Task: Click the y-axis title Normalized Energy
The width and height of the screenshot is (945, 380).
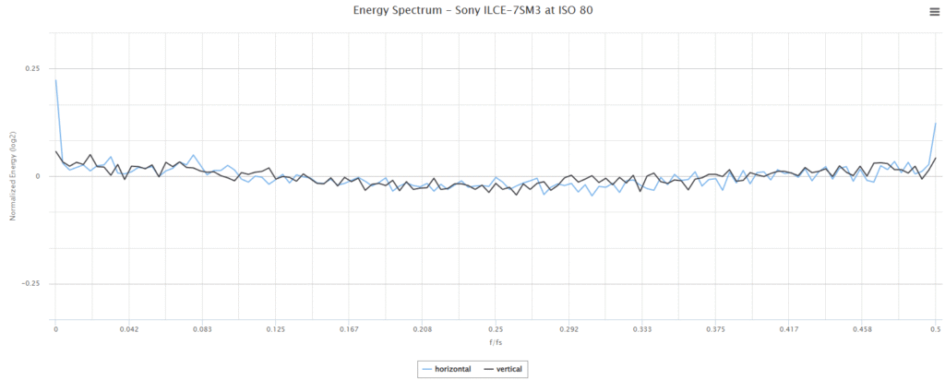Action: tap(14, 175)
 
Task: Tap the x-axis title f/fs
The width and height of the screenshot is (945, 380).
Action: tap(496, 341)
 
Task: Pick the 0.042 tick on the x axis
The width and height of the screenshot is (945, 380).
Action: tap(129, 329)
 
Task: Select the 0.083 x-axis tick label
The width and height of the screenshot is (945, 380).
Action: tap(202, 329)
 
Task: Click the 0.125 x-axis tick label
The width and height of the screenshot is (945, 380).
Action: tap(275, 329)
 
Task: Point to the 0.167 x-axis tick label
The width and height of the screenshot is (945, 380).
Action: tap(349, 329)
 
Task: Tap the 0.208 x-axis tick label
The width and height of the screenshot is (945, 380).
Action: tap(422, 329)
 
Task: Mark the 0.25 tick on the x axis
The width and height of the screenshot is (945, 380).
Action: tap(496, 329)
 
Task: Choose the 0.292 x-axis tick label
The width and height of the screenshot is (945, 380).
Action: tap(568, 329)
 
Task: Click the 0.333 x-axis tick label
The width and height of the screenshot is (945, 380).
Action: tap(642, 329)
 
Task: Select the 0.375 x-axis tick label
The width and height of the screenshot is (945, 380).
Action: tap(715, 329)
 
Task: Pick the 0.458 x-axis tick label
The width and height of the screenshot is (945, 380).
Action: tap(862, 329)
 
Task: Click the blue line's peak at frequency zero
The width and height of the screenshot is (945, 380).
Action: tap(55, 80)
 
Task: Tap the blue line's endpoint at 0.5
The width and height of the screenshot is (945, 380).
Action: tap(936, 124)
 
